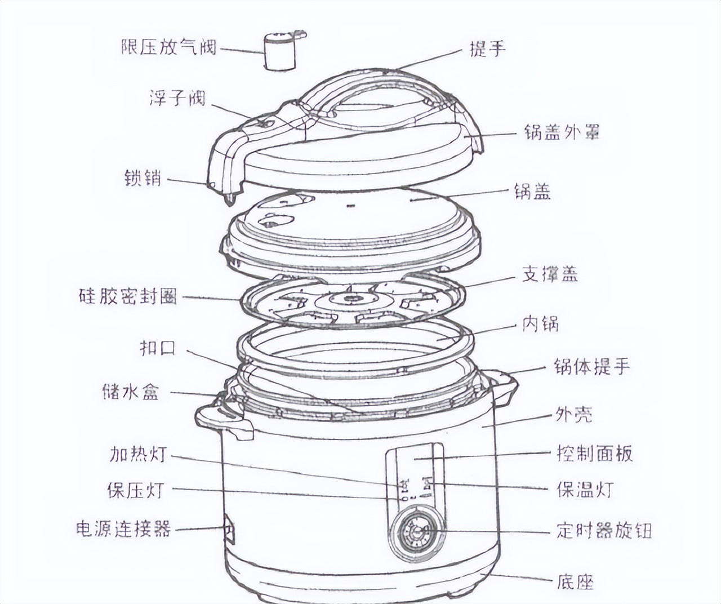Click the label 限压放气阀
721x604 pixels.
click(x=168, y=47)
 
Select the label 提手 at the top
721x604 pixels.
click(x=488, y=49)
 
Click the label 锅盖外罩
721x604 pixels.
click(x=561, y=132)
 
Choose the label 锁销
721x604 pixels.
click(x=143, y=178)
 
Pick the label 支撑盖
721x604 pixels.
click(x=550, y=274)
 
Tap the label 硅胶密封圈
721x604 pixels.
click(x=128, y=296)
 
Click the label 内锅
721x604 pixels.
click(x=540, y=324)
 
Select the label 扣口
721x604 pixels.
click(x=158, y=348)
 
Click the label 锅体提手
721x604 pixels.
click(x=591, y=367)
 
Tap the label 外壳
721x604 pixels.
click(x=573, y=415)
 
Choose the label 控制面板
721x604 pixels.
click(x=594, y=454)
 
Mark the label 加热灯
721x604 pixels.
click(x=138, y=454)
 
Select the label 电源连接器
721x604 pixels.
click(x=123, y=528)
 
